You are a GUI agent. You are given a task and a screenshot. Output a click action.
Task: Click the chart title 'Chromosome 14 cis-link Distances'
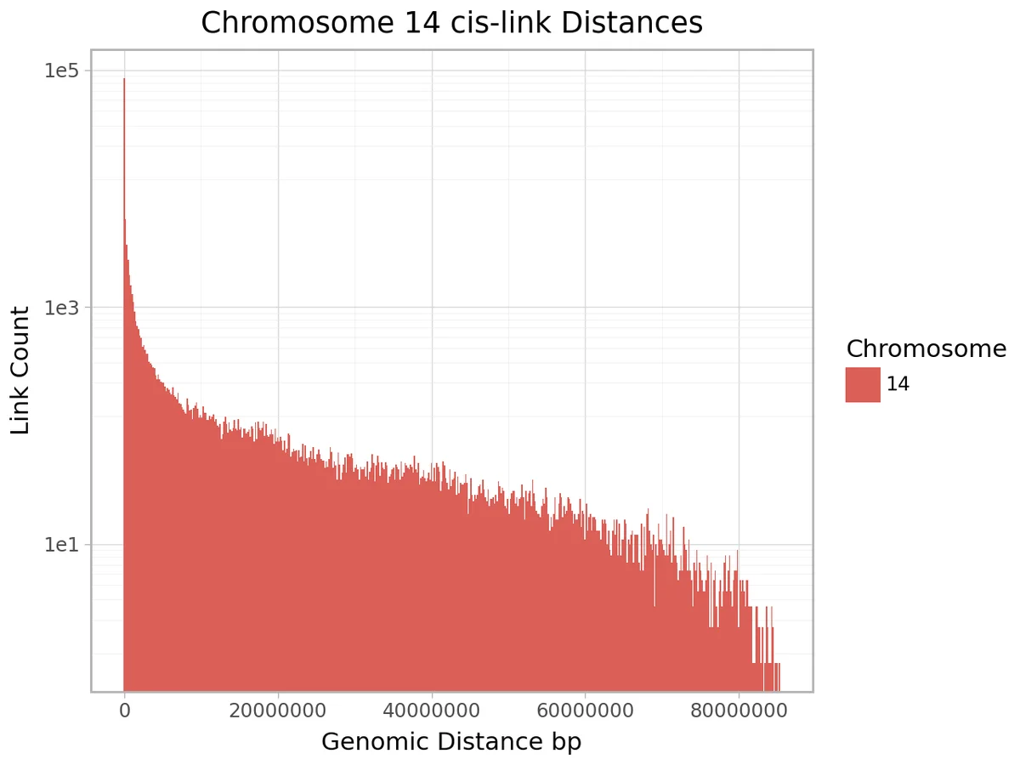pyautogui.click(x=451, y=23)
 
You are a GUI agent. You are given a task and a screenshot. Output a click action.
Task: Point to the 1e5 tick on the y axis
pyautogui.click(x=61, y=71)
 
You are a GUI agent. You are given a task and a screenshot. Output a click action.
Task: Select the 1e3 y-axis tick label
pyautogui.click(x=61, y=308)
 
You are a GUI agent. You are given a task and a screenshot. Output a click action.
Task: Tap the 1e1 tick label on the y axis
pyautogui.click(x=61, y=544)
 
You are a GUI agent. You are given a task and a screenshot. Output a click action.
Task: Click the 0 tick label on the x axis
pyautogui.click(x=125, y=711)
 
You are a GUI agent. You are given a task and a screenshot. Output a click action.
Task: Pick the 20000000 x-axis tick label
pyautogui.click(x=278, y=711)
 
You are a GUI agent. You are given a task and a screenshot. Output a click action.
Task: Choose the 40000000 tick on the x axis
pyautogui.click(x=432, y=711)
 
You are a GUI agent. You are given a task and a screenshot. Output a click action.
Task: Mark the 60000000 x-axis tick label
pyautogui.click(x=586, y=711)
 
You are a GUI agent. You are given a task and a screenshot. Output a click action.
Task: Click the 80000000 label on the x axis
pyautogui.click(x=739, y=711)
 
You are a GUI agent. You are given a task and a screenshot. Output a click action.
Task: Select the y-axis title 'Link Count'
pyautogui.click(x=21, y=371)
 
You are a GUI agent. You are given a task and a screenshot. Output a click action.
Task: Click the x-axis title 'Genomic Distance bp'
pyautogui.click(x=451, y=742)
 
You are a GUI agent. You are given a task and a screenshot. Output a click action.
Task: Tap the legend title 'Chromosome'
pyautogui.click(x=926, y=349)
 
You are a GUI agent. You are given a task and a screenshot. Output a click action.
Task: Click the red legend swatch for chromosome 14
pyautogui.click(x=863, y=384)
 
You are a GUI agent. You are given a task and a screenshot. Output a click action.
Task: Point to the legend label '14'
pyautogui.click(x=898, y=384)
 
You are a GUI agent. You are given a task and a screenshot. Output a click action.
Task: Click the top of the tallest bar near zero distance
pyautogui.click(x=124, y=80)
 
